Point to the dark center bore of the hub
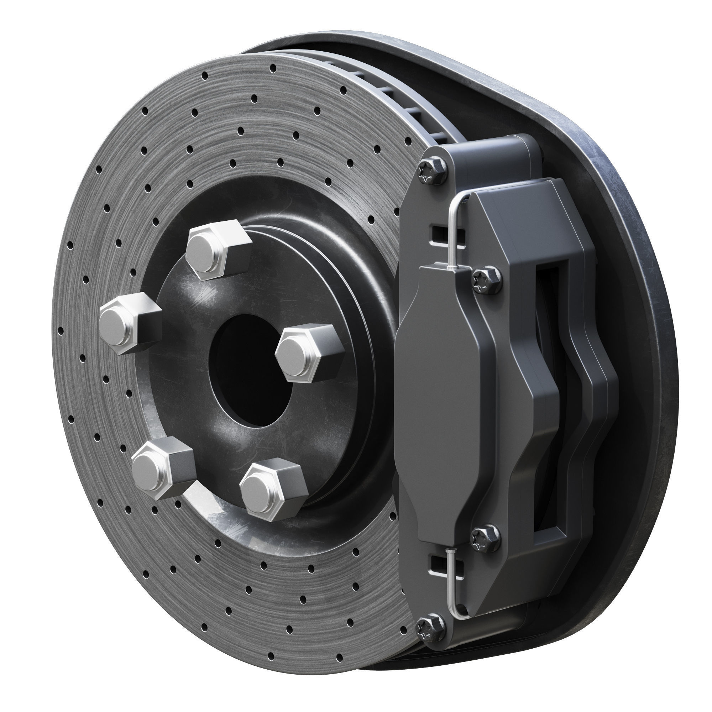pos(251,368)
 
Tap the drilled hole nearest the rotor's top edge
pos(273,68)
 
